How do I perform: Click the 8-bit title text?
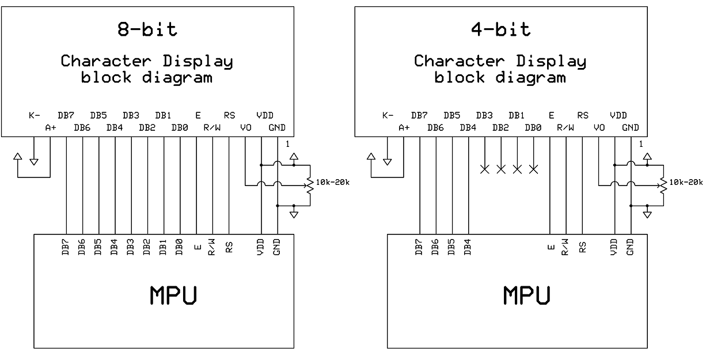[x=147, y=30]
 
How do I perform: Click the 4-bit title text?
[x=500, y=30]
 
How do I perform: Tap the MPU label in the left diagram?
[x=174, y=295]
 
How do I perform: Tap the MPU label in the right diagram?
[x=527, y=295]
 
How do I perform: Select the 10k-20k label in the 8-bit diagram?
[x=333, y=183]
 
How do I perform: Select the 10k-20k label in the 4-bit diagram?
[x=686, y=183]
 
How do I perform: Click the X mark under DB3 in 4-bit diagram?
[x=485, y=169]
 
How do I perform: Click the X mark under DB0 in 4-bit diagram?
[x=533, y=169]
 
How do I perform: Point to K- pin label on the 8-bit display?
[x=34, y=115]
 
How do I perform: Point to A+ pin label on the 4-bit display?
[x=404, y=128]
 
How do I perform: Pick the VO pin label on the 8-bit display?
[x=246, y=128]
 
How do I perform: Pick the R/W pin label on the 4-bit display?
[x=567, y=128]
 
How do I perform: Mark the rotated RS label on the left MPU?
[x=229, y=248]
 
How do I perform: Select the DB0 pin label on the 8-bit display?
[x=180, y=128]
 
